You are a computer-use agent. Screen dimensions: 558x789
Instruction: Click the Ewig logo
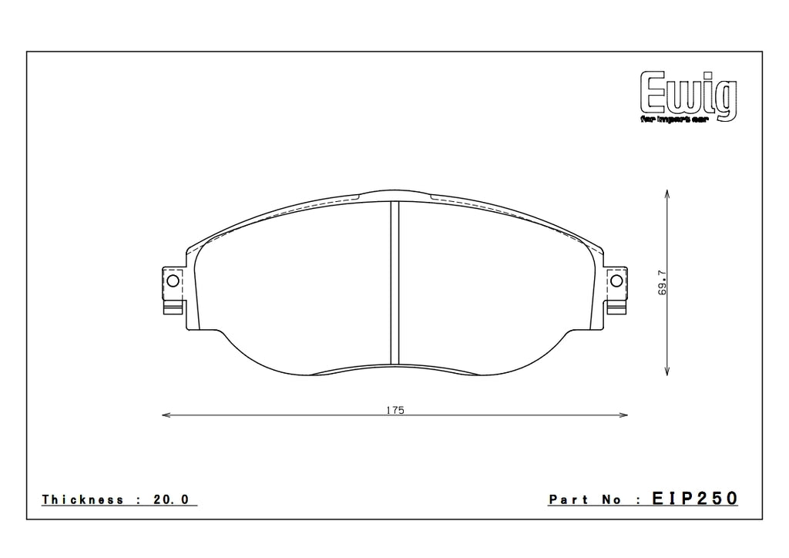[688, 94]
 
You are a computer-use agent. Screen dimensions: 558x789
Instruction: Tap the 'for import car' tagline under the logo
[679, 121]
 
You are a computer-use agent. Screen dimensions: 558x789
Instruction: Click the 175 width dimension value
[394, 409]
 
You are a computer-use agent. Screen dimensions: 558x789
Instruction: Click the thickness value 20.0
[172, 499]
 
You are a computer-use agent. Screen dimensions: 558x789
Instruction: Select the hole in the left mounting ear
[172, 281]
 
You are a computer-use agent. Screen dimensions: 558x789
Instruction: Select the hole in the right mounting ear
[616, 281]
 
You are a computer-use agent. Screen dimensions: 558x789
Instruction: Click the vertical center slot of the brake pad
[394, 281]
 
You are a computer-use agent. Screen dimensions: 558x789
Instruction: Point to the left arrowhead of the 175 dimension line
[165, 416]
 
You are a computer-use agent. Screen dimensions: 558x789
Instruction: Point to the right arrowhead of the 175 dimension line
[624, 416]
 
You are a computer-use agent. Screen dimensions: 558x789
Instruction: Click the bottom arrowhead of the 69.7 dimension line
[666, 372]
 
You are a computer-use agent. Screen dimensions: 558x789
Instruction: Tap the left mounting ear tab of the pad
[173, 291]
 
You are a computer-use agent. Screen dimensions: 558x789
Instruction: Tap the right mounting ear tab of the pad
[616, 291]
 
